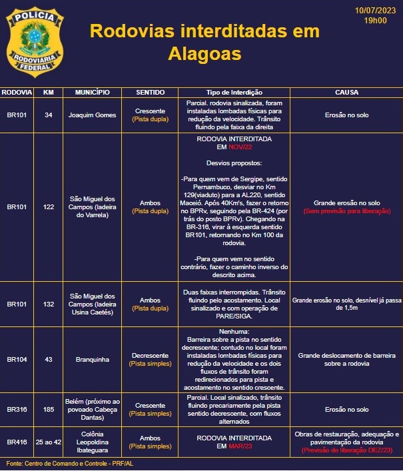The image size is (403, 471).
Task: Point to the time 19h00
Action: coord(375,21)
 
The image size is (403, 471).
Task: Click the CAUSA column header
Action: coord(346,92)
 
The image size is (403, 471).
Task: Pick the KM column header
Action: coord(48,92)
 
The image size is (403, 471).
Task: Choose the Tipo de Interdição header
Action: coord(234,92)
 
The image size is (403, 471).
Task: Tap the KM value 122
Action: coord(48,207)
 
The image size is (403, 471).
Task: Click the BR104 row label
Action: coord(17,359)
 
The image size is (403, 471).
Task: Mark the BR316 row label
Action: coord(17,409)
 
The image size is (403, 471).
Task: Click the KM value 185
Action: coord(48,409)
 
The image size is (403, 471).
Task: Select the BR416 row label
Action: coord(17,442)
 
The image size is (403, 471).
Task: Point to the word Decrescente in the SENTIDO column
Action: coord(151,355)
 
